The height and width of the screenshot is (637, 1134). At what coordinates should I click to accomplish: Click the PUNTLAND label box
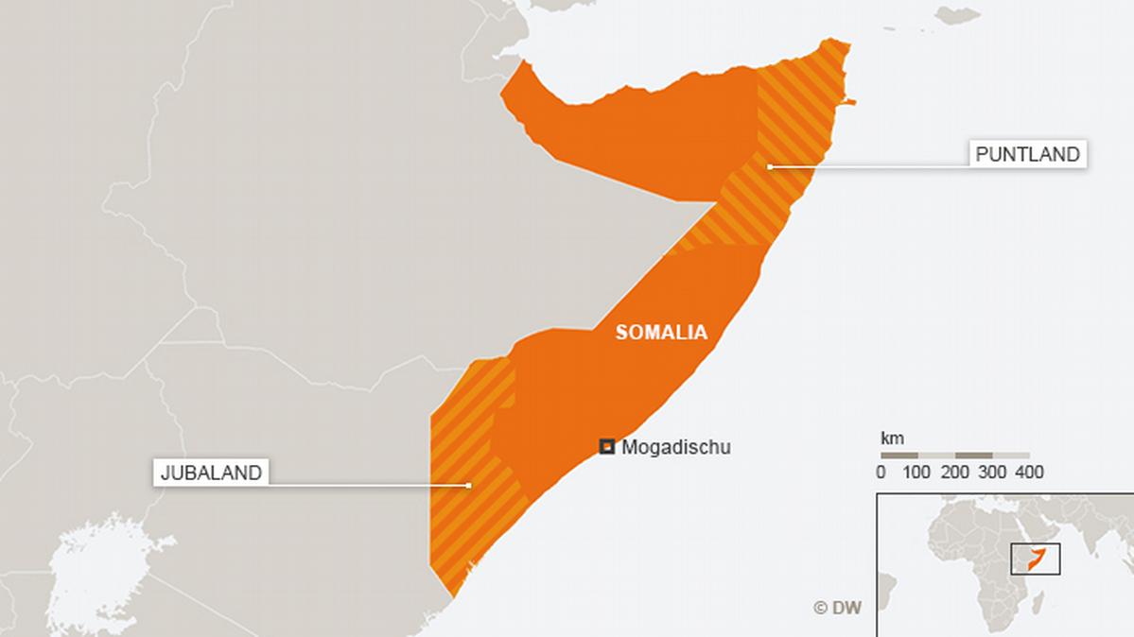pos(1027,154)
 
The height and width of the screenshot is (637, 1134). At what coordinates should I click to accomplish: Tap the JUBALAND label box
pos(210,473)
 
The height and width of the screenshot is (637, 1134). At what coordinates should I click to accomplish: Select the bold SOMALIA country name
pos(661,333)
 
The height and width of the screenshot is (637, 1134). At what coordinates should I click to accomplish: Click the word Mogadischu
pos(675,448)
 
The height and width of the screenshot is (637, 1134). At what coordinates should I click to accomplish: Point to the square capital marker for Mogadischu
pos(607,447)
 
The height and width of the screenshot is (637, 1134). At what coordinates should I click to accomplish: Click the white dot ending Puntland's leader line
pos(770,166)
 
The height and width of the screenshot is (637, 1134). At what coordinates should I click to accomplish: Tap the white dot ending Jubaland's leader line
pos(468,485)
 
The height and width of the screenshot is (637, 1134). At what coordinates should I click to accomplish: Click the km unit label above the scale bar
pos(892,439)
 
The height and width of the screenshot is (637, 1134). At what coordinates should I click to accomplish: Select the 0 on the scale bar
pos(881,473)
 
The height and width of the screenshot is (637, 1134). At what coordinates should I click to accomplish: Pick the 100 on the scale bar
pos(916,473)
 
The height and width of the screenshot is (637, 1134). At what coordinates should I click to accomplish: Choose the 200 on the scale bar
pos(955,473)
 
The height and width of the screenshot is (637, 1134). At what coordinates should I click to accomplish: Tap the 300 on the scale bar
pos(992,473)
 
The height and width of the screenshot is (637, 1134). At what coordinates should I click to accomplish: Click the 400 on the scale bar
pos(1029,473)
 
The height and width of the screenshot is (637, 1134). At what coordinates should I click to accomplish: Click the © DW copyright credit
pos(838,609)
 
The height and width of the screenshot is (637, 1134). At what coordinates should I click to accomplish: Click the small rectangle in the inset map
pos(1036,559)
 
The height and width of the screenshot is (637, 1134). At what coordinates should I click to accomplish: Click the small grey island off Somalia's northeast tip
pos(957,14)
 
